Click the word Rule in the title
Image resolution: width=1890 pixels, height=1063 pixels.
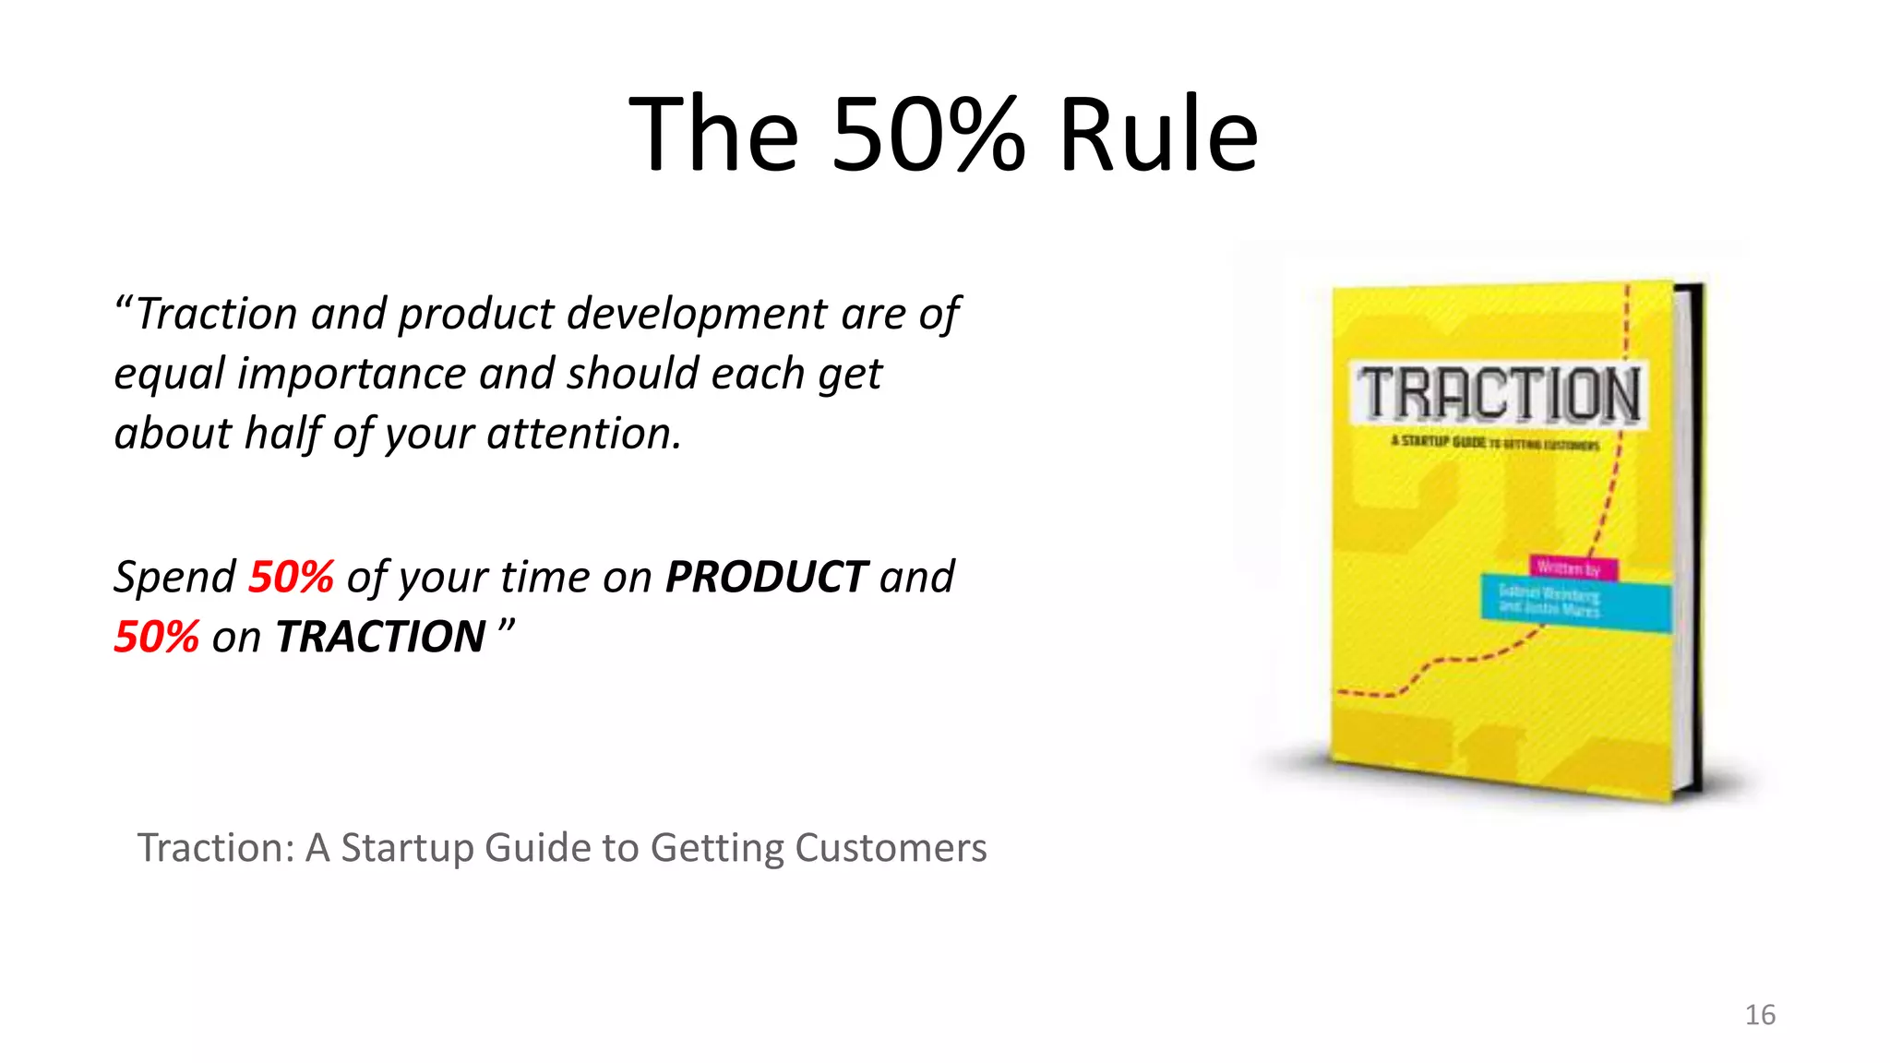point(1158,135)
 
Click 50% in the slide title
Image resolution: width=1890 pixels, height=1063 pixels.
point(927,135)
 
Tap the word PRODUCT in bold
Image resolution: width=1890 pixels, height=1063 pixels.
point(766,577)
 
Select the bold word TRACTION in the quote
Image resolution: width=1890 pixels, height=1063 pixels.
point(380,637)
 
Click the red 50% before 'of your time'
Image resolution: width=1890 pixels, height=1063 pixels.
point(291,577)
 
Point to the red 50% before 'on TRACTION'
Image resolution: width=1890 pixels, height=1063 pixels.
point(156,637)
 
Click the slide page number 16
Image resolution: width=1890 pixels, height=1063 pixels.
point(1760,1015)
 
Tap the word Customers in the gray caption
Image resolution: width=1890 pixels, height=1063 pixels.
point(891,847)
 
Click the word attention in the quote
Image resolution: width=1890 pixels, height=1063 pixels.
point(583,434)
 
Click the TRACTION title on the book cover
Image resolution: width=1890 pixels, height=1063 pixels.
point(1499,394)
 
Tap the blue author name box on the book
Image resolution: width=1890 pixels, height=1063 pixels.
point(1575,603)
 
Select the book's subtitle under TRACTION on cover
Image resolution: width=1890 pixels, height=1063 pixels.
point(1495,443)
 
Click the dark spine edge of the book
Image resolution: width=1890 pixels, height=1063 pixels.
point(1696,535)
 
